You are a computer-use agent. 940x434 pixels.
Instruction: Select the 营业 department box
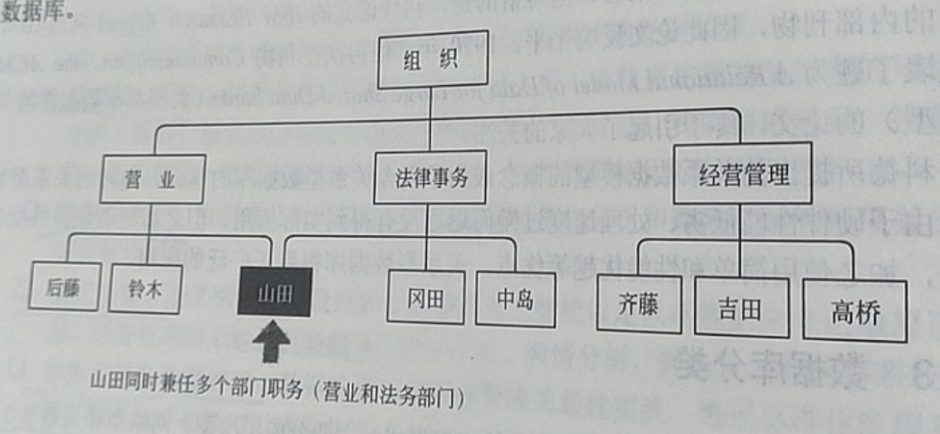click(153, 178)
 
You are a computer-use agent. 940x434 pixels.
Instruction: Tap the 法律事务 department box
click(431, 176)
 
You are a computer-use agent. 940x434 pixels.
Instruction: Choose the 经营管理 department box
click(743, 174)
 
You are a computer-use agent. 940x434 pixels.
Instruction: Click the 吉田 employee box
click(741, 309)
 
